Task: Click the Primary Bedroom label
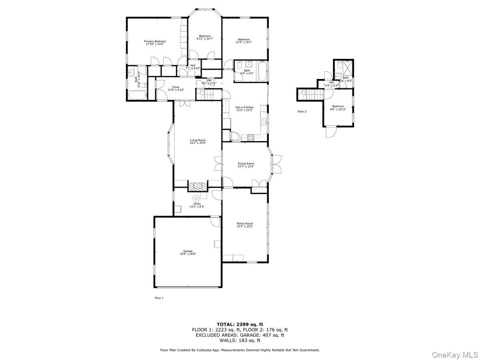[x=155, y=41]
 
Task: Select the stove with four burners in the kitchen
[x=251, y=138]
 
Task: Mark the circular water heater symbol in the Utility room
[x=196, y=198]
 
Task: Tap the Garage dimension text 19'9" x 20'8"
[x=188, y=254]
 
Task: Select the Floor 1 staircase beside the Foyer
[x=209, y=95]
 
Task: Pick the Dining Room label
[x=246, y=163]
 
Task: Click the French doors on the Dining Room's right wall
[x=276, y=164]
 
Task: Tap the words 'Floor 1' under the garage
[x=159, y=298]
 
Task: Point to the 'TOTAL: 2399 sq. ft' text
[x=240, y=324]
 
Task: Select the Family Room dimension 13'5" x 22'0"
[x=244, y=226]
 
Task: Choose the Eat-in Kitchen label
[x=244, y=107]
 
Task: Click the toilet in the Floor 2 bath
[x=338, y=66]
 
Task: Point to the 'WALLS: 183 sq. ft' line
[x=240, y=340]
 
